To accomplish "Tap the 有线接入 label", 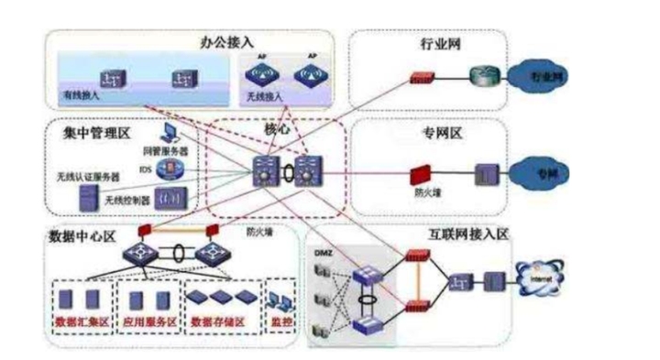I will pyautogui.click(x=81, y=95).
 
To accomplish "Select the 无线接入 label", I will pyautogui.click(x=262, y=95).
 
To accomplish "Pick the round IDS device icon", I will pyautogui.click(x=169, y=169).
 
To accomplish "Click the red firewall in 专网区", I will pyautogui.click(x=421, y=171).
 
